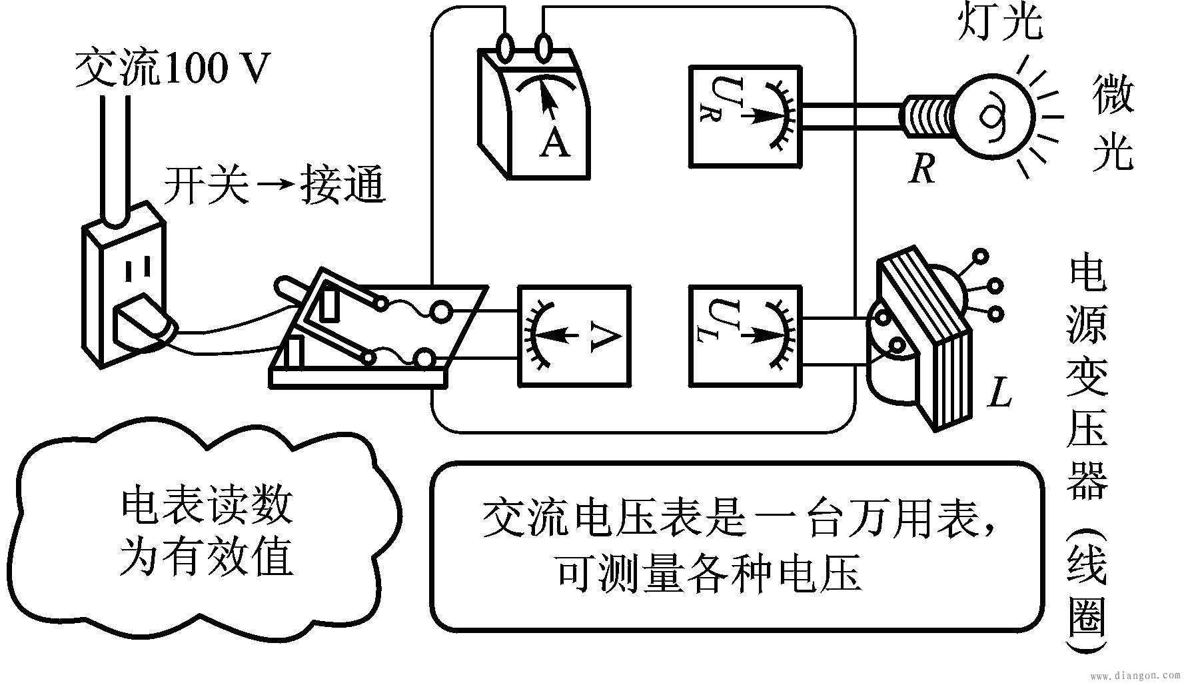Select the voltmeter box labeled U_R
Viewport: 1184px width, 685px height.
[x=744, y=116]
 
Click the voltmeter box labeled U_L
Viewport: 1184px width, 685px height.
[x=745, y=336]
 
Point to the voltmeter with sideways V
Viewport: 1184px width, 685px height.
[x=574, y=336]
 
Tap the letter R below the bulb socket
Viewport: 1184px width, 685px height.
[x=923, y=168]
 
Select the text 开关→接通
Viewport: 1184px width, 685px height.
[x=275, y=185]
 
